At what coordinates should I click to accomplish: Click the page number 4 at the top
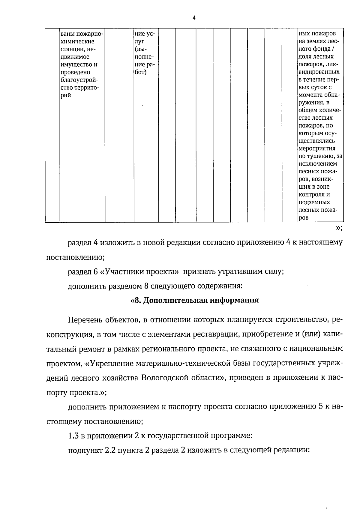click(x=194, y=18)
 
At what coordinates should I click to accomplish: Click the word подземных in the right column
click(x=314, y=202)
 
